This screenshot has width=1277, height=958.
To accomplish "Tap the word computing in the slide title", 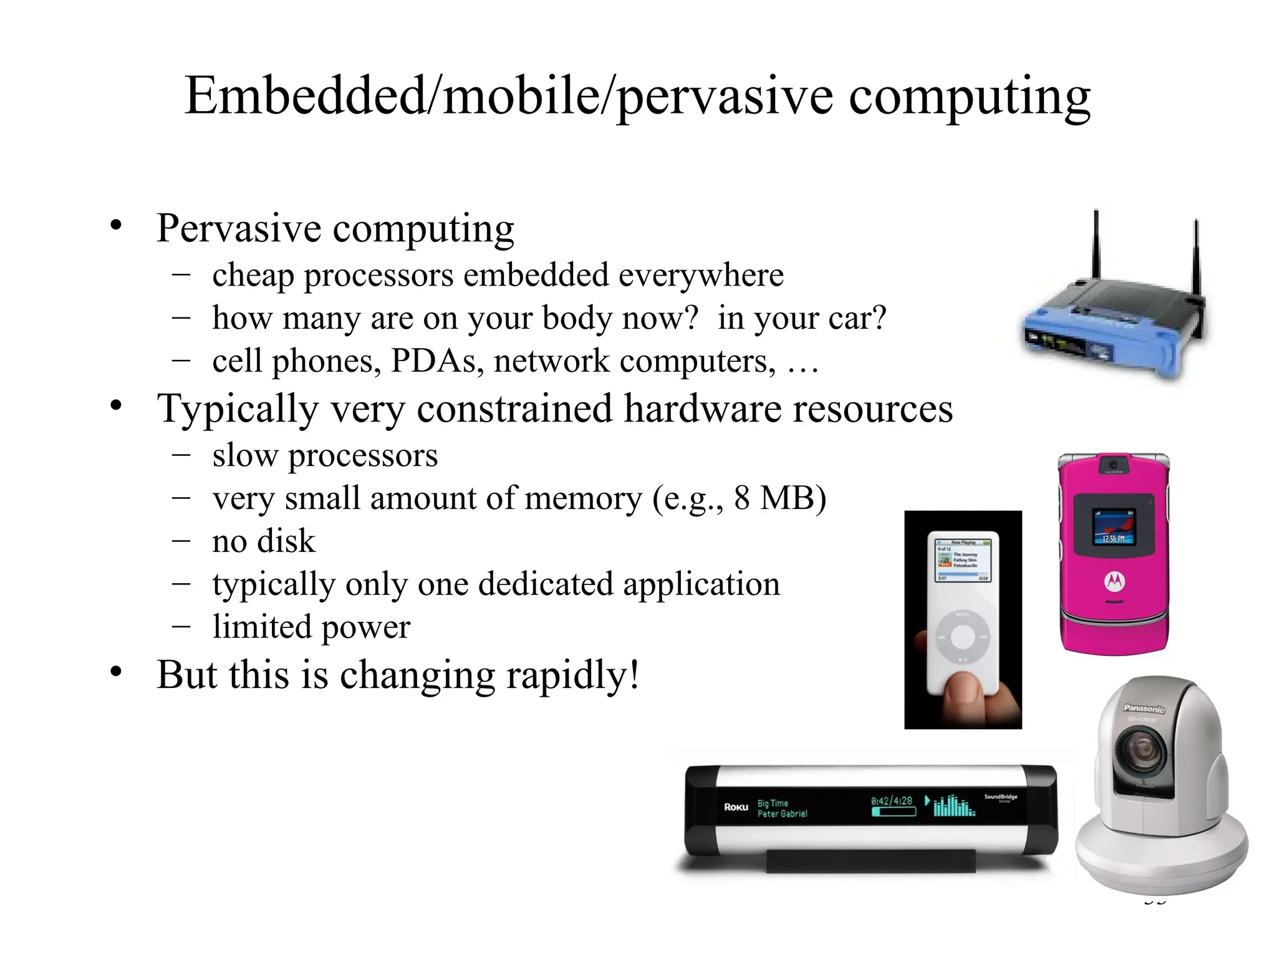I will pos(969,99).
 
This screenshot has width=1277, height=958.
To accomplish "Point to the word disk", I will pos(289,541).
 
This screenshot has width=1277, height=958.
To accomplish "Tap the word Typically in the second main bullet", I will pos(237,410).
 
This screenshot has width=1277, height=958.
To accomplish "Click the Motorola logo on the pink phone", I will pos(1114,581).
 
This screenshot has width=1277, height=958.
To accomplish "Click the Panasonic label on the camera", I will pos(1144,709).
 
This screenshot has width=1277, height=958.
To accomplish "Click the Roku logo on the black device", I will pos(736,807).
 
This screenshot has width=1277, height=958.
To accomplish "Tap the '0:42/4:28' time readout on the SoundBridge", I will pos(892,801).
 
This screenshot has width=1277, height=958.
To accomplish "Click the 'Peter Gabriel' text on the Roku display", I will pos(782,814).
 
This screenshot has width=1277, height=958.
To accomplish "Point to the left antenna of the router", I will pos(1096,249).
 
